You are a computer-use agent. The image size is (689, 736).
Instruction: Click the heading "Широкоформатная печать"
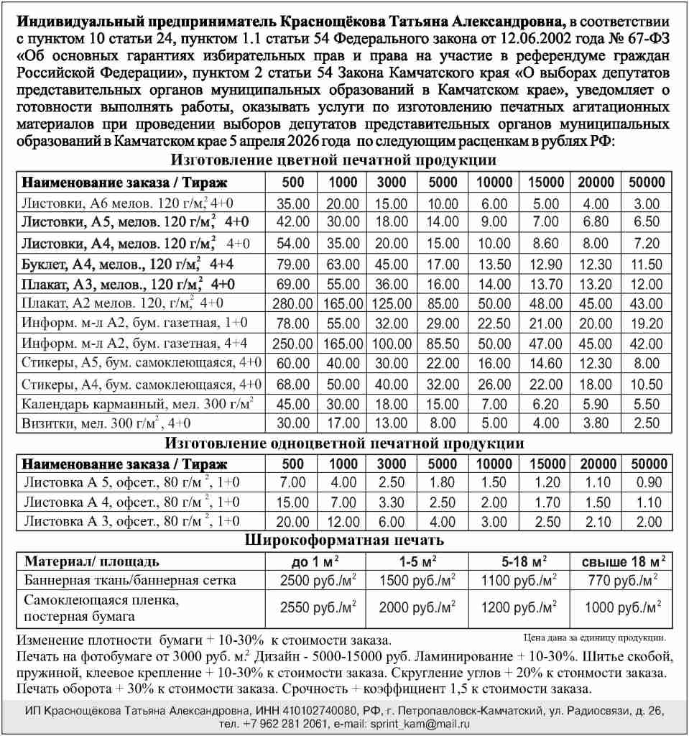coord(344,539)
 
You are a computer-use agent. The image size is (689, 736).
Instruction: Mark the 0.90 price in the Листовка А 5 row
coord(647,482)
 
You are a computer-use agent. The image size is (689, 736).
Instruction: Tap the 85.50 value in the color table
coord(443,344)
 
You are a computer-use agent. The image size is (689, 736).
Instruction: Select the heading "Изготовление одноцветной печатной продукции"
coord(344,443)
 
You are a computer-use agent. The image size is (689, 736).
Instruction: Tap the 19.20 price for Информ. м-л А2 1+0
coord(647,324)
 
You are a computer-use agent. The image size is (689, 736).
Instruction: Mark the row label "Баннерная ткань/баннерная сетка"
coord(130,579)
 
